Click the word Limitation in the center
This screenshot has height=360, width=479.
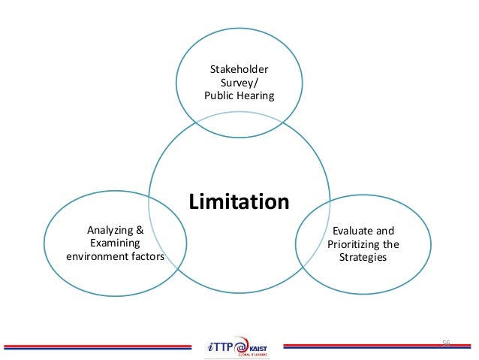coord(239,202)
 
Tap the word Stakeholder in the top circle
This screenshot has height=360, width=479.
coord(239,70)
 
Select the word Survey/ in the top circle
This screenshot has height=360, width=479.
coord(239,83)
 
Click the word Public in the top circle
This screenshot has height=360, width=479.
coord(218,95)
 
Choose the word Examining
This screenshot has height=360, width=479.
coord(114,244)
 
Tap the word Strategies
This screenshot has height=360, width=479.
coord(363,257)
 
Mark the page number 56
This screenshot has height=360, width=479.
coord(445,343)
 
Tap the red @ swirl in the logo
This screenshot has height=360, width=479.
coord(240,345)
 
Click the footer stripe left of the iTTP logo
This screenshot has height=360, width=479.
coord(98,346)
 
